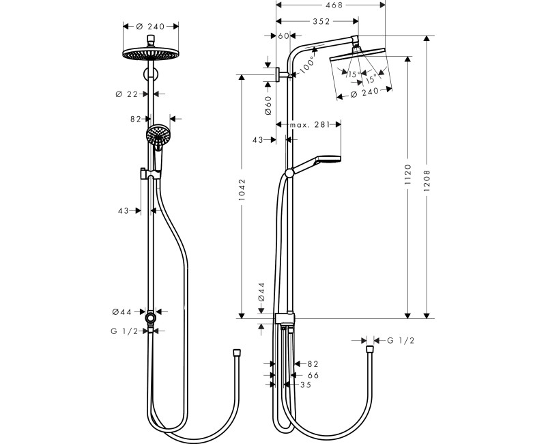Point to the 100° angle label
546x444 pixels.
tap(306, 65)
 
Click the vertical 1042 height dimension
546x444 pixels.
tap(242, 193)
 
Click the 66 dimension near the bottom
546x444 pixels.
tap(313, 375)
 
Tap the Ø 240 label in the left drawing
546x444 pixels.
tap(151, 26)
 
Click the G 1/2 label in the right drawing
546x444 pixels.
tap(401, 340)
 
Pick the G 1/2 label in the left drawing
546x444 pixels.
tap(125, 331)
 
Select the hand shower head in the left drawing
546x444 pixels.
tap(157, 133)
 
